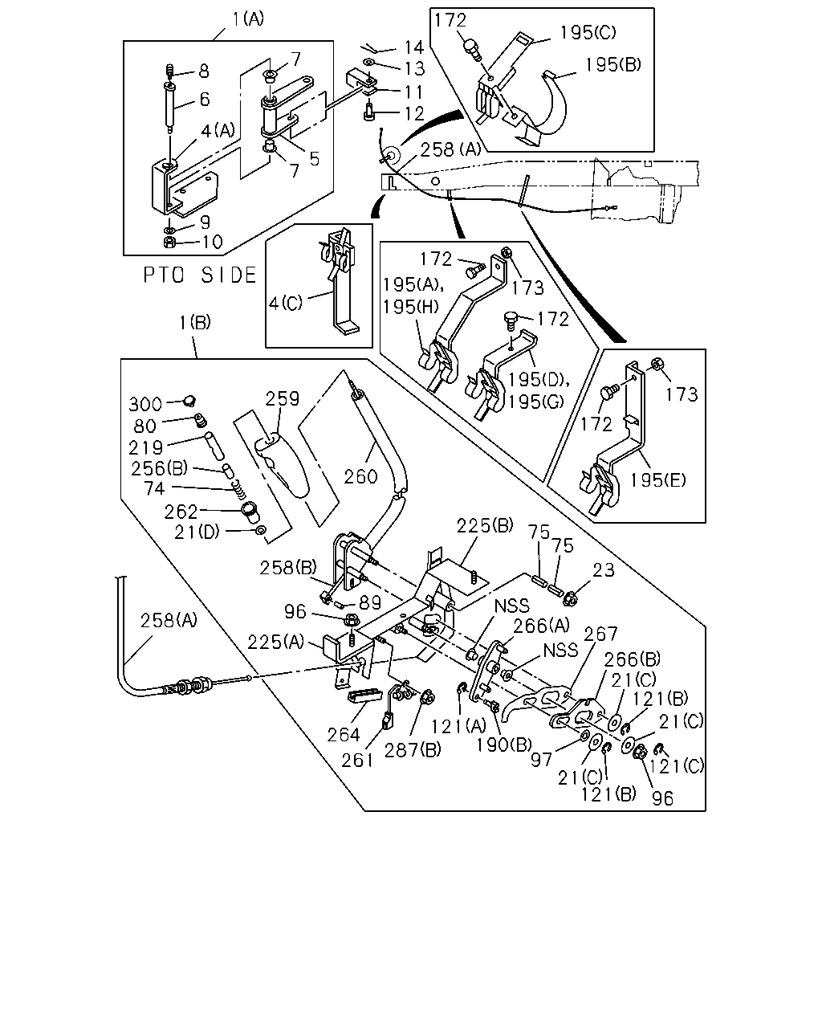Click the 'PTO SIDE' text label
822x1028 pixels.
click(x=200, y=275)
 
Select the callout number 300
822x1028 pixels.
click(x=145, y=405)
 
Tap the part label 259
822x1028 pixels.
click(x=283, y=398)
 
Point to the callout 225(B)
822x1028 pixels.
click(x=485, y=526)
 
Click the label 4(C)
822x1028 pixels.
click(x=286, y=303)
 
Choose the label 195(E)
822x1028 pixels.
click(x=657, y=480)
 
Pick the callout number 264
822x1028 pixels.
click(x=344, y=735)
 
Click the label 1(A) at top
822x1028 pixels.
click(x=248, y=19)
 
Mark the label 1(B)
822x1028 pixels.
click(x=194, y=323)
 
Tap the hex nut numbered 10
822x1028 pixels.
click(x=169, y=242)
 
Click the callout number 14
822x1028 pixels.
click(x=413, y=47)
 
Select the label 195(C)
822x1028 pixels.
click(x=588, y=32)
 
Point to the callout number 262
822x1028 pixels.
click(x=181, y=512)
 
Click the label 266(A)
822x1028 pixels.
click(x=542, y=626)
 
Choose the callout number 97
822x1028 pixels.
click(x=541, y=760)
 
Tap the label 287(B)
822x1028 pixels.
click(x=413, y=750)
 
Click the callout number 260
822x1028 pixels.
click(x=360, y=477)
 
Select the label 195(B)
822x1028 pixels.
click(x=612, y=64)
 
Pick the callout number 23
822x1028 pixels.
click(x=603, y=570)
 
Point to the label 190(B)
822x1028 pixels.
click(x=504, y=744)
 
